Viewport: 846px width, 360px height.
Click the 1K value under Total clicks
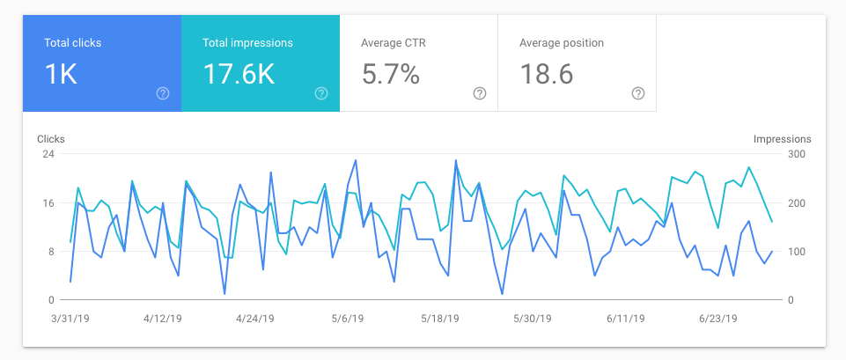[61, 75]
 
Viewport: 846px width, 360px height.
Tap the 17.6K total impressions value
[239, 75]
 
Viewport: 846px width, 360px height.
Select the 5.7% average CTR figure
[390, 75]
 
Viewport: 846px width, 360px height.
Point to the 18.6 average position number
[547, 75]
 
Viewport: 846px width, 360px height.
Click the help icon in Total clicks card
[163, 93]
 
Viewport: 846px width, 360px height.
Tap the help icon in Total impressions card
[321, 93]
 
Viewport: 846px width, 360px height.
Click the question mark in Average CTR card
[480, 93]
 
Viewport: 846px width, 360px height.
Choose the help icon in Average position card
[638, 93]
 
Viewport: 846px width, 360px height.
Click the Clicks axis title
[51, 139]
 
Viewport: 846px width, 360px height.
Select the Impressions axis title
[783, 139]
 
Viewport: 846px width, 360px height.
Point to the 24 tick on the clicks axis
[48, 154]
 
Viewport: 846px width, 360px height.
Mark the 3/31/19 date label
[70, 319]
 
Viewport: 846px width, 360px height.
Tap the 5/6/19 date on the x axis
[348, 319]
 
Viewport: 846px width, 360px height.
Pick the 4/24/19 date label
[255, 319]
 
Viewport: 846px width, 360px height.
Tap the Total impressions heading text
[247, 42]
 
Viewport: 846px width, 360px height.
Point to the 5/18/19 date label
[440, 319]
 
